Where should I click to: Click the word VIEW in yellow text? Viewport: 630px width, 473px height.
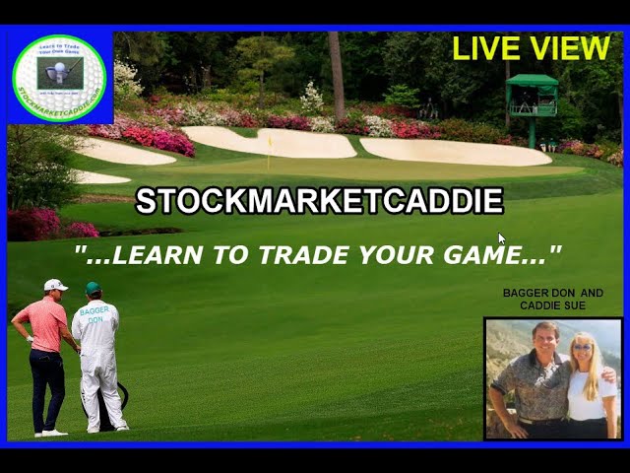click(571, 48)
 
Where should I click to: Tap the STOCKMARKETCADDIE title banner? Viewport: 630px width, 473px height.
click(319, 201)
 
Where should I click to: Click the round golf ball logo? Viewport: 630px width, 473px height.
click(59, 78)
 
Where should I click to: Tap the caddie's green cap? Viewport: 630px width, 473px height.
click(94, 288)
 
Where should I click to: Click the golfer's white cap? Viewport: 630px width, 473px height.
click(56, 285)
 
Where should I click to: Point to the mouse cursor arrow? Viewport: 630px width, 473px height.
click(501, 238)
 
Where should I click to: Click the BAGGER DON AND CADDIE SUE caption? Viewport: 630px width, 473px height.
click(552, 299)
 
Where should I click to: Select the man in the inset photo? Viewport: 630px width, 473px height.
click(527, 379)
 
